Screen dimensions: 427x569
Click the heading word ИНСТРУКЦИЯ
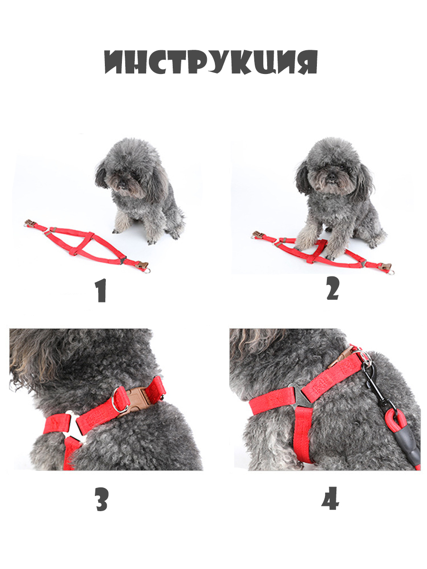click(211, 62)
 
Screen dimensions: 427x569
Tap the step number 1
click(101, 290)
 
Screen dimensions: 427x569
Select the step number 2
click(333, 288)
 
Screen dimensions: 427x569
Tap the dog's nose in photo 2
click(331, 177)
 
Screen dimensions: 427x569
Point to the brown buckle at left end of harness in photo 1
click(30, 222)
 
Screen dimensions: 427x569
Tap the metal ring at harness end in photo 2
click(391, 272)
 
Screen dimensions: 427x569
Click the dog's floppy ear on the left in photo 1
click(102, 175)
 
